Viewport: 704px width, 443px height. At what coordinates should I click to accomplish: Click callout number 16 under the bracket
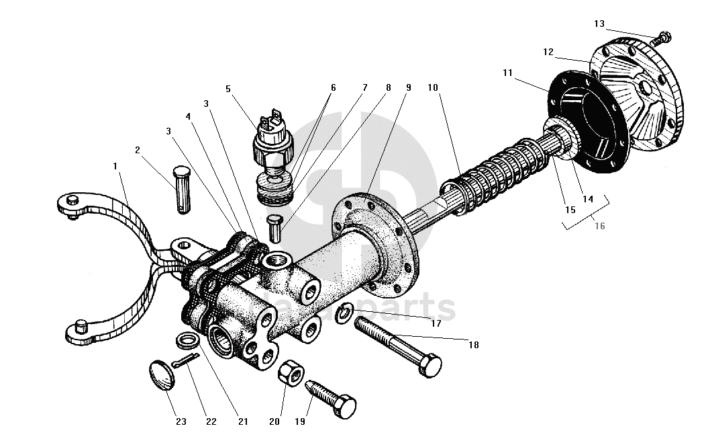(x=599, y=226)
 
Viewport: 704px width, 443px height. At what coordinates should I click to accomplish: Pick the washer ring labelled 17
(x=346, y=313)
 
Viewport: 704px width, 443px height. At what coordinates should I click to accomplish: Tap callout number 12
(x=548, y=52)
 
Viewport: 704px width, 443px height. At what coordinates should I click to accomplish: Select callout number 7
(x=365, y=87)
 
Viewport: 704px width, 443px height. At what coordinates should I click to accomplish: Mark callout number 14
(x=589, y=199)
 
